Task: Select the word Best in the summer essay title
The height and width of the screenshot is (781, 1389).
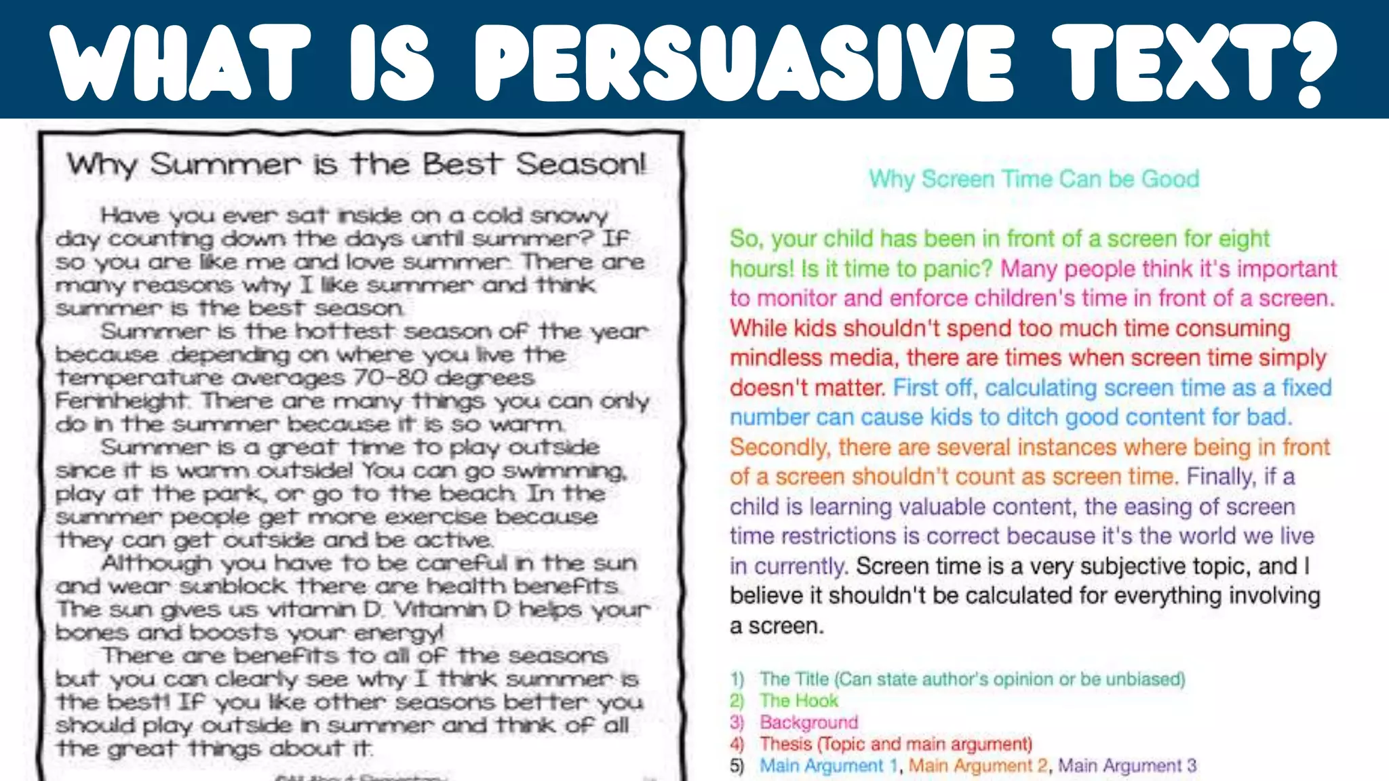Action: click(x=462, y=165)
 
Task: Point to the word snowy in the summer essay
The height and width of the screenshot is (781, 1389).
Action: click(x=569, y=216)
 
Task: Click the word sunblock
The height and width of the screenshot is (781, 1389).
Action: click(x=234, y=586)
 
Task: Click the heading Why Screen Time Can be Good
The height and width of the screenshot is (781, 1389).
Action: click(x=1034, y=179)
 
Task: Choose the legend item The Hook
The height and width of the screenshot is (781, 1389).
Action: click(x=799, y=700)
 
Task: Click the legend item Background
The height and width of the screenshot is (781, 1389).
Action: click(x=808, y=722)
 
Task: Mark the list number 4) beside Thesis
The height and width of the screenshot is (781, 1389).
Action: click(x=737, y=744)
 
